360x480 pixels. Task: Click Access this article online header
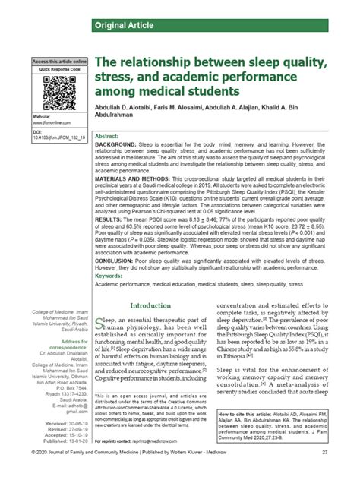coord(59,62)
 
